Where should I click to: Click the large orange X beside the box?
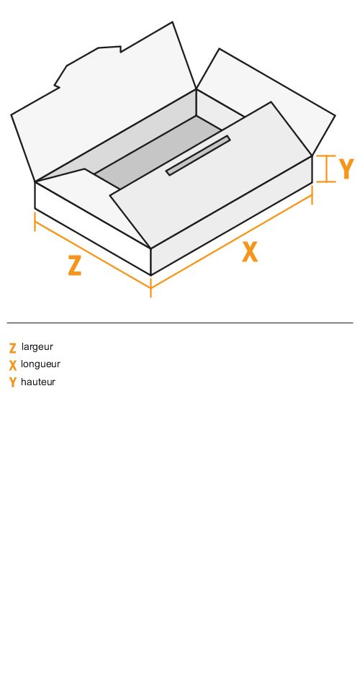250,252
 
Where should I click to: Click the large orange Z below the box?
75,266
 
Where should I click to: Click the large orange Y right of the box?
346,169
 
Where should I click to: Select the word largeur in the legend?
37,347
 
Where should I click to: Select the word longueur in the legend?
40,364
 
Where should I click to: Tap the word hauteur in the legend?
38,382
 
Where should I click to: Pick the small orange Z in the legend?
12,348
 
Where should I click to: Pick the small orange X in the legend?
12,366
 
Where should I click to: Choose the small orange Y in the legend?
12,382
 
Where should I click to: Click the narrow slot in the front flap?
198,156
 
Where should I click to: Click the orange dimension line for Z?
92,254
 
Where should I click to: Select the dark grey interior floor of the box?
158,151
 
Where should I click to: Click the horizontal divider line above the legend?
180,323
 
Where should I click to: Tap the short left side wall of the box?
92,228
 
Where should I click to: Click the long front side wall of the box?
231,215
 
